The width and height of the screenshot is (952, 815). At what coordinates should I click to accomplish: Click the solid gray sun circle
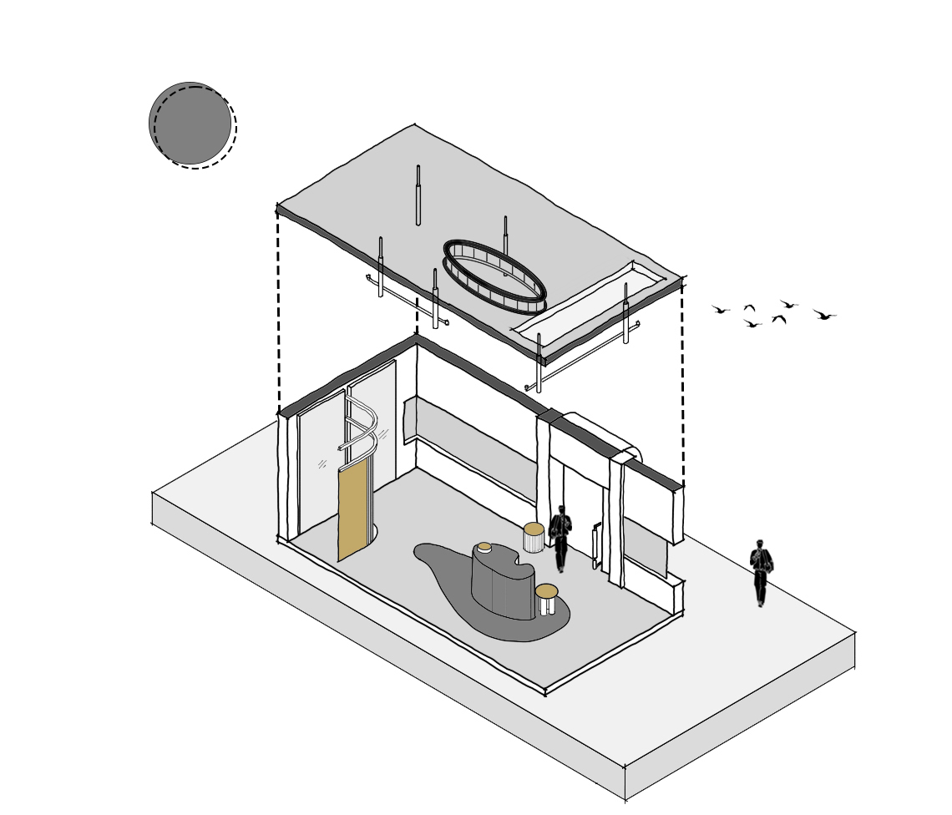point(190,123)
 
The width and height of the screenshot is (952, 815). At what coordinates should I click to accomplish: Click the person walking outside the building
point(760,573)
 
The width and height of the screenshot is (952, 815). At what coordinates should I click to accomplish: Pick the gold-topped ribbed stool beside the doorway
point(534,538)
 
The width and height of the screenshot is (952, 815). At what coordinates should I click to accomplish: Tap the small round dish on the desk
point(484,548)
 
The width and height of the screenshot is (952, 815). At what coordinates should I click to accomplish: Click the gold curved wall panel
point(354,509)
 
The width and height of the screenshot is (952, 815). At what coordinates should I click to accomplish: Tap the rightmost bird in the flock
point(824,315)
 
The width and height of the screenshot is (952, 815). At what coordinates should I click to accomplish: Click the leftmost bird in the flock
point(720,310)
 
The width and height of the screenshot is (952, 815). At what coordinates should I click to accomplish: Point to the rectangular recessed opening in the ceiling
point(589,301)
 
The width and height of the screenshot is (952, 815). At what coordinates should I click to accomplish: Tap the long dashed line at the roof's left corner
point(278,309)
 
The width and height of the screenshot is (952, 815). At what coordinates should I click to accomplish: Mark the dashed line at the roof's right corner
point(682,384)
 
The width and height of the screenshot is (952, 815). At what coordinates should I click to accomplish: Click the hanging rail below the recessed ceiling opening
point(585,354)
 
